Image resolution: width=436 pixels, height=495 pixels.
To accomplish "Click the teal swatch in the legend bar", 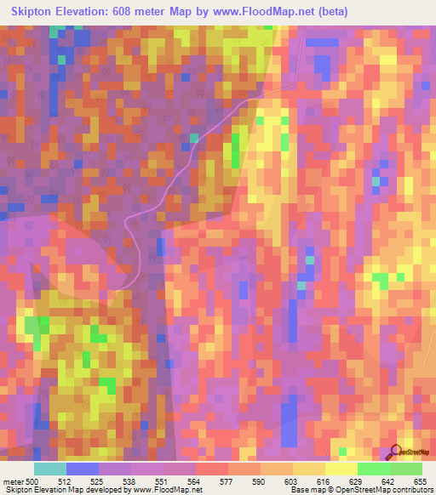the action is (50, 469).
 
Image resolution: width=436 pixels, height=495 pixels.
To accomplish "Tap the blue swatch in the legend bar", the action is (83, 469).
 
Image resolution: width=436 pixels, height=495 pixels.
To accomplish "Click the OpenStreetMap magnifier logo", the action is (396, 452).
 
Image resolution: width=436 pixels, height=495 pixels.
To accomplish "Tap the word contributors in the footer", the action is (411, 491).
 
